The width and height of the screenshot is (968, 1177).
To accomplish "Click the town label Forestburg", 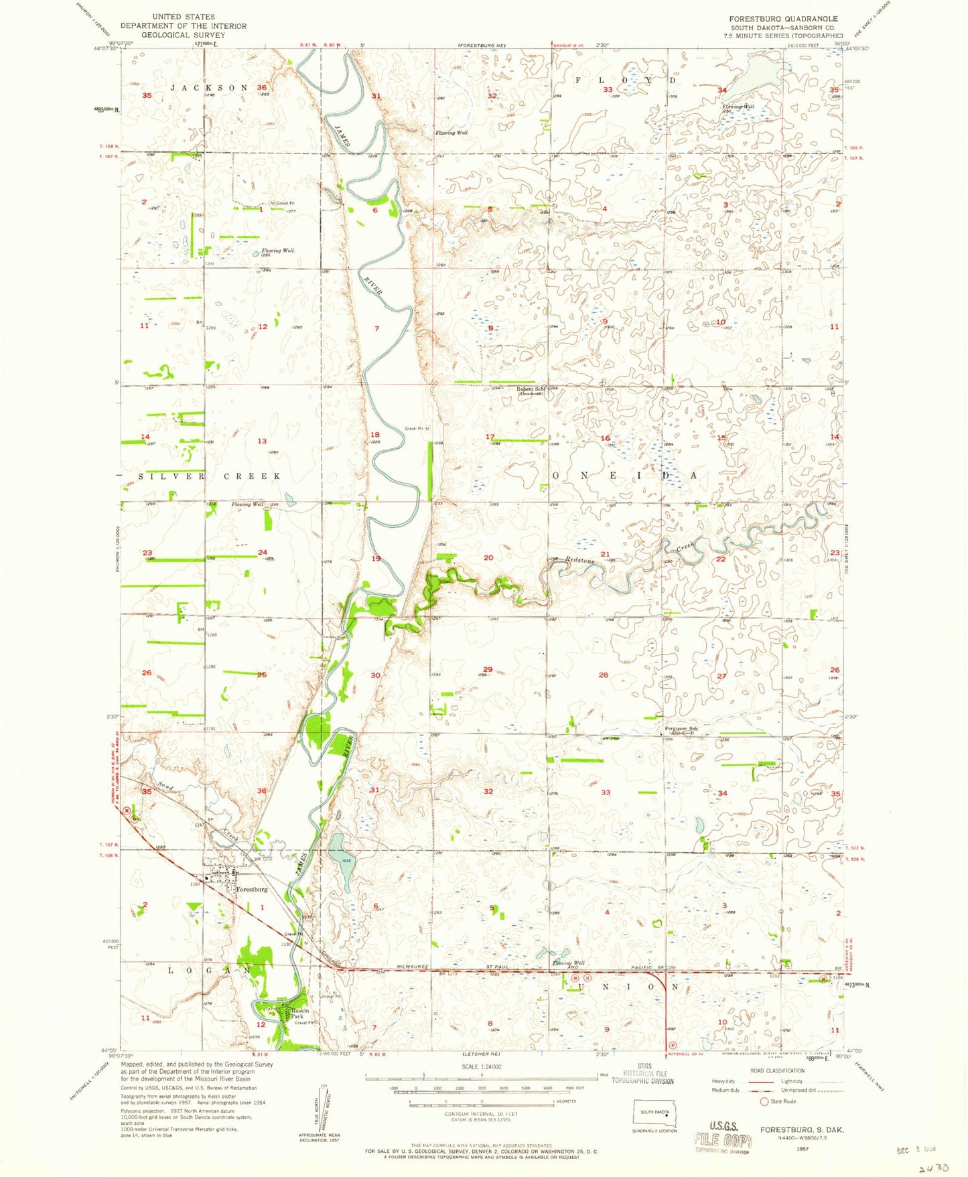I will point(253,890).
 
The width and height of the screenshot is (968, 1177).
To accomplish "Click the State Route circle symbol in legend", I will point(764,1101).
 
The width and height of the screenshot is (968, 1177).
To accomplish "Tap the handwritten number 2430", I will point(934,1168).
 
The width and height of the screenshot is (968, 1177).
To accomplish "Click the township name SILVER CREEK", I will point(210,476).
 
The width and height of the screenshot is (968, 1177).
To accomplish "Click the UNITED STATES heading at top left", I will point(184,17).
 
